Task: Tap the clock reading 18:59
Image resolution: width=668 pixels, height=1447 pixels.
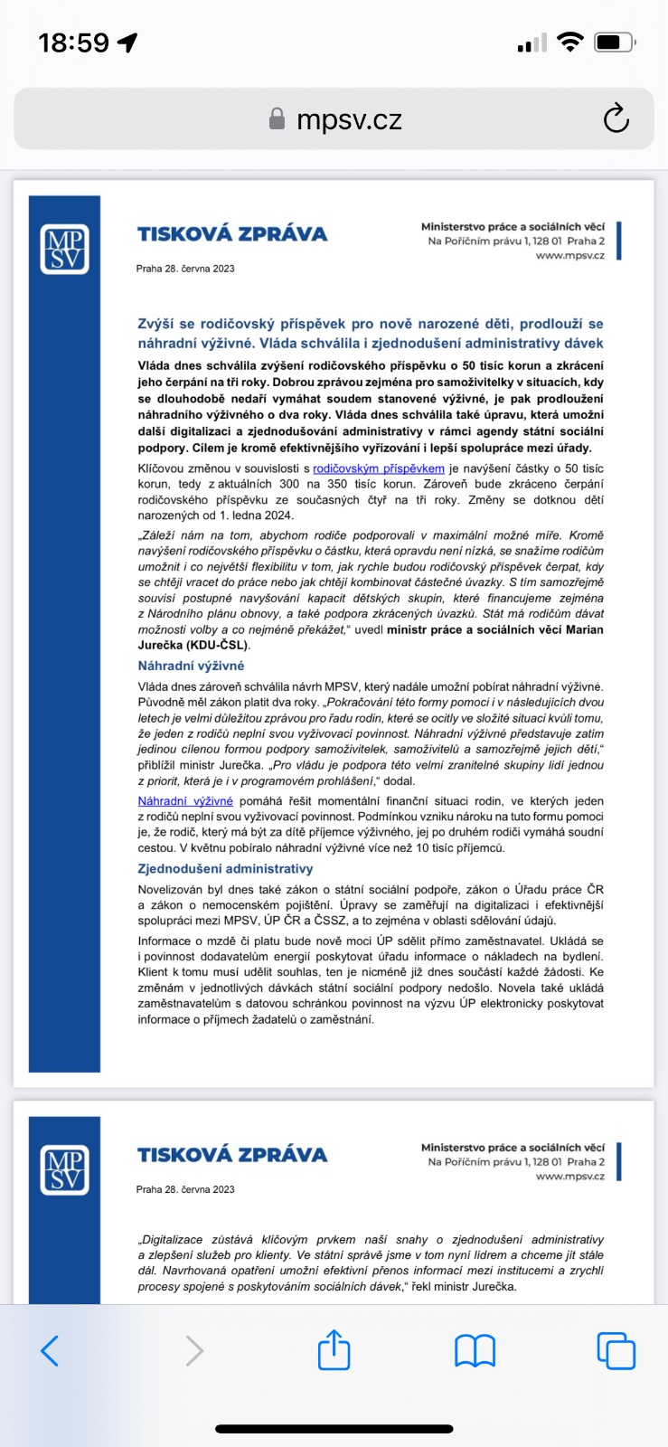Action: tap(74, 43)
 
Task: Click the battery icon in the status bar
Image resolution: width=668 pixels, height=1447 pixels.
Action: tap(615, 42)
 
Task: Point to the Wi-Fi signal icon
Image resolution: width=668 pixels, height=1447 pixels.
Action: tap(569, 42)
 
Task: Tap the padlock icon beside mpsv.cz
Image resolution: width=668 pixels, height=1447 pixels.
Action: tap(278, 119)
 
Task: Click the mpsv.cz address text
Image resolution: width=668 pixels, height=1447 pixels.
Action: tap(349, 119)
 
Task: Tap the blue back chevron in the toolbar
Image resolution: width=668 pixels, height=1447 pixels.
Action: tap(51, 1350)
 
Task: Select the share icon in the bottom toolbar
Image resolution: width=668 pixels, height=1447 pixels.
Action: tap(334, 1350)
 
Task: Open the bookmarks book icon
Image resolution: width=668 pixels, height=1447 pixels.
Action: tap(475, 1350)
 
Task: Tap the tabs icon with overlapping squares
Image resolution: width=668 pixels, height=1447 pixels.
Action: tap(616, 1350)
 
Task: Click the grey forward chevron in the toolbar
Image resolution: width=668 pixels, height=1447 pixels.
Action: tap(194, 1350)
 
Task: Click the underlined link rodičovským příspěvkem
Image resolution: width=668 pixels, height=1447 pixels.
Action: tap(379, 468)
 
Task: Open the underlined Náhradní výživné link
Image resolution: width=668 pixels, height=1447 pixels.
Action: tap(185, 801)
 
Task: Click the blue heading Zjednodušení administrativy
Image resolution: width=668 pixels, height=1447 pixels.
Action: tap(225, 869)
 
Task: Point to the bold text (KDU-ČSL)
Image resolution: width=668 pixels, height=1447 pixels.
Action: tap(214, 646)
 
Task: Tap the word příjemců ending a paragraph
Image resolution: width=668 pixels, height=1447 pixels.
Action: tap(479, 848)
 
